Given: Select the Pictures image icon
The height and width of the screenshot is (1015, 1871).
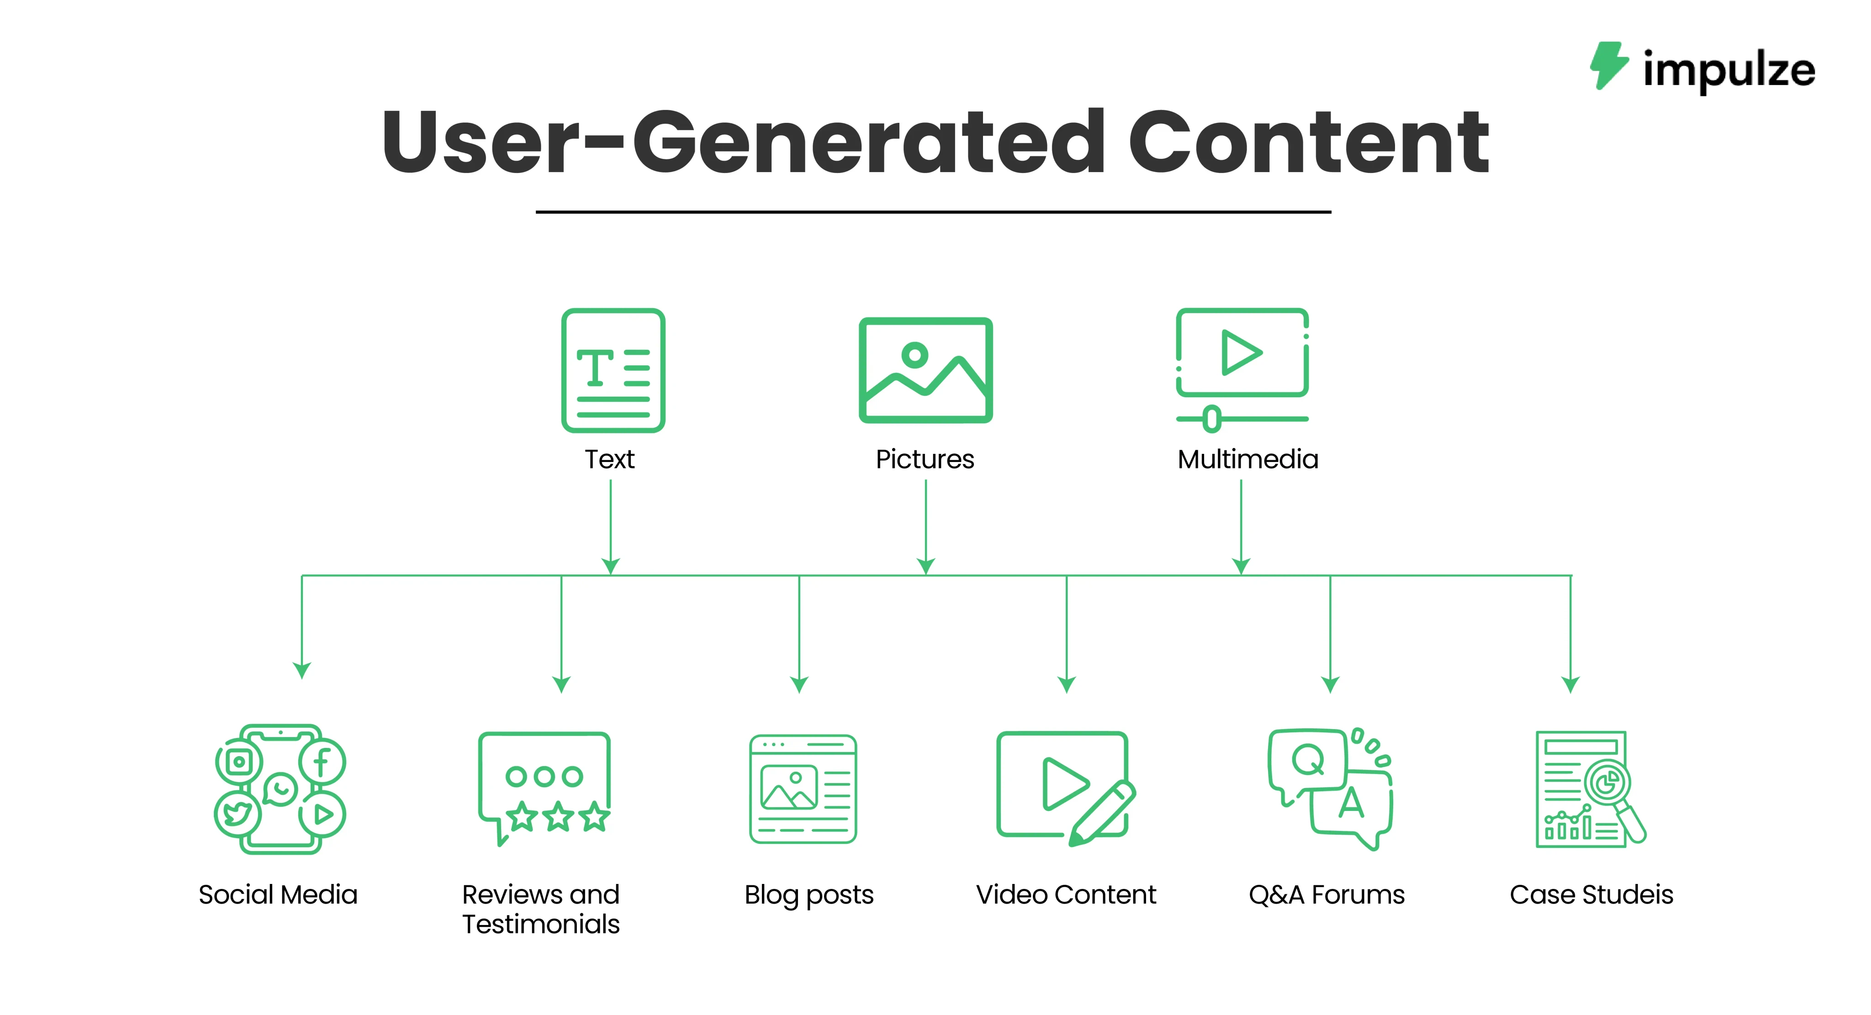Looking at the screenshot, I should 925,370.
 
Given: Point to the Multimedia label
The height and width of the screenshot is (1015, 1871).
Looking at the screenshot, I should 1247,460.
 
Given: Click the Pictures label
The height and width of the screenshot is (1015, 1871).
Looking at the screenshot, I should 925,460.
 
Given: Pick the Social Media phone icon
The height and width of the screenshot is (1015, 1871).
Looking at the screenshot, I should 280,789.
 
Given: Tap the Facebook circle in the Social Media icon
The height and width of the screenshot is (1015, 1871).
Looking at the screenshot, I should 322,762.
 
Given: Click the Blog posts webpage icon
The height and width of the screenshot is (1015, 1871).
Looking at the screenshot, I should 803,789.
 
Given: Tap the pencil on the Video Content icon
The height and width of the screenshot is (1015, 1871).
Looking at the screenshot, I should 1102,814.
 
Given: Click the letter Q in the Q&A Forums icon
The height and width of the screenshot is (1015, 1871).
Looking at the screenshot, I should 1307,760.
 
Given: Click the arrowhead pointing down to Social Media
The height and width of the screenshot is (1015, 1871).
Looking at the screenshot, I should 301,669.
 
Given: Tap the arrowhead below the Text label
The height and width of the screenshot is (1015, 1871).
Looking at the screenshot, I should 611,566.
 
